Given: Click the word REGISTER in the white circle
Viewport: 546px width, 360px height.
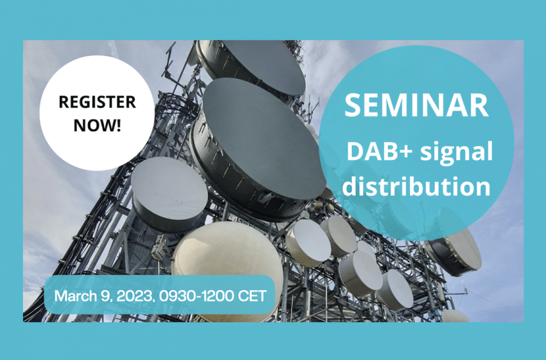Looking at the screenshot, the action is point(97,102).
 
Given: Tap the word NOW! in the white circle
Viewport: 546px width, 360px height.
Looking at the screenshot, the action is point(97,125).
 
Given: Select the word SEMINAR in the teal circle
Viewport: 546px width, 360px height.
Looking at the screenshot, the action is point(416,105).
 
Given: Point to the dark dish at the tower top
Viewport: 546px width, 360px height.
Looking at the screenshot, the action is point(251,69).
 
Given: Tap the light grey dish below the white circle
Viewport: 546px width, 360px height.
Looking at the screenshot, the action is point(169,194).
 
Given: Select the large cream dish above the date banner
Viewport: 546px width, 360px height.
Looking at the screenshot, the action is point(227,258).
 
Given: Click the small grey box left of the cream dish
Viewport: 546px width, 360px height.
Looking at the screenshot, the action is point(159,248).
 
